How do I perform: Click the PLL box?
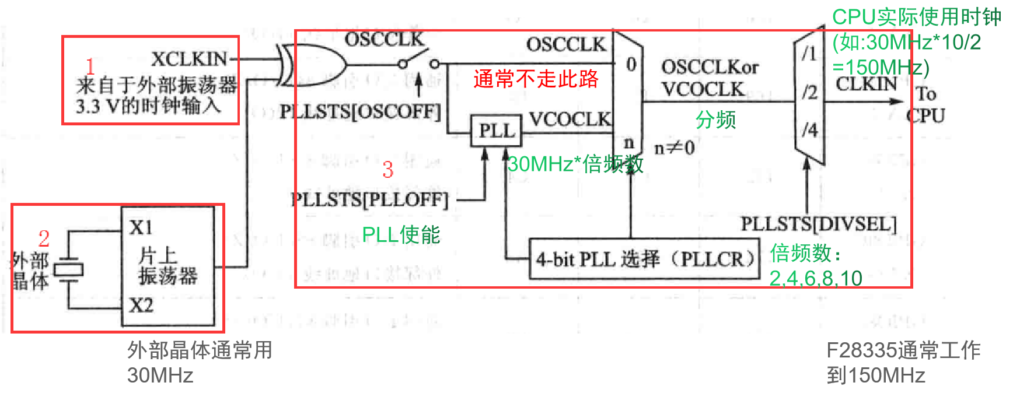496,131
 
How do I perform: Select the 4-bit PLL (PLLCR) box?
644,258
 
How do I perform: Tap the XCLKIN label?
189,59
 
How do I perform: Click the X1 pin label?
141,227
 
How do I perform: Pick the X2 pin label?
141,305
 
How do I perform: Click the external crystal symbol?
69,269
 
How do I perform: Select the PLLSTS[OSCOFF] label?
360,111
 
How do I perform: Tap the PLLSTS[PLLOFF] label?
370,199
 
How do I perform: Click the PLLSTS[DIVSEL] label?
818,223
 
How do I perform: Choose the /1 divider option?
809,54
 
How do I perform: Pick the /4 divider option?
809,129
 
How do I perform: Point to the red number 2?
44,238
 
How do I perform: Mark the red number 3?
388,170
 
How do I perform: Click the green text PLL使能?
401,234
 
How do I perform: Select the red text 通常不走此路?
536,79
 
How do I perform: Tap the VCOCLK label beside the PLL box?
570,120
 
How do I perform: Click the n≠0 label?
674,148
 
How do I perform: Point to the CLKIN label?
866,84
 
